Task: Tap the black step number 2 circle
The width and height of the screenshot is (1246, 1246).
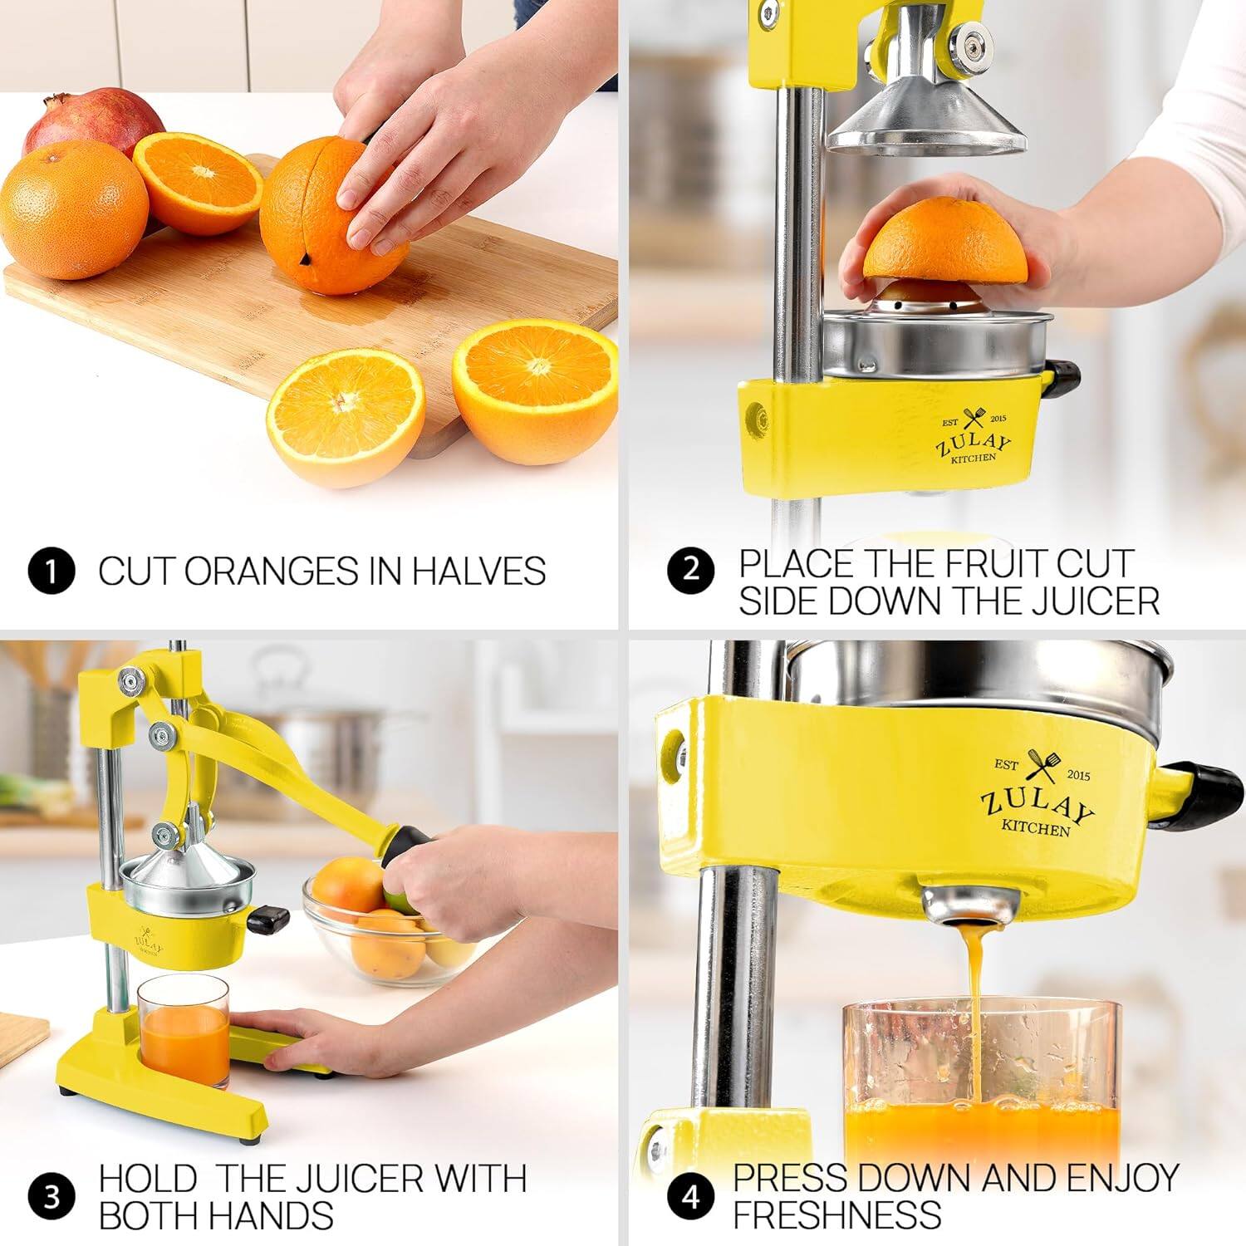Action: click(691, 571)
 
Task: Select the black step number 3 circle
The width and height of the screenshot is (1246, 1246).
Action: click(52, 1197)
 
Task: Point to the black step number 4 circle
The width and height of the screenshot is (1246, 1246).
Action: click(691, 1197)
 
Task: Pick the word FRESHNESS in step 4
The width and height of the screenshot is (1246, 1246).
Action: click(836, 1214)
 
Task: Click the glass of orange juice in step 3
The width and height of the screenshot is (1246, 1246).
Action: click(184, 1031)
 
